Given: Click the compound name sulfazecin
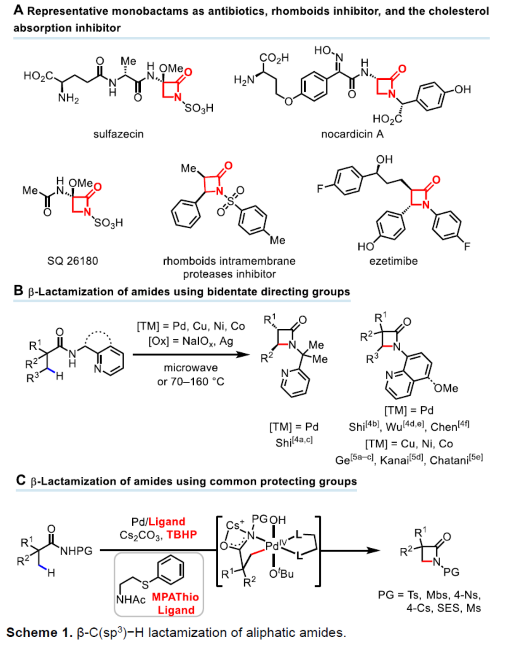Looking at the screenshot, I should point(118,134).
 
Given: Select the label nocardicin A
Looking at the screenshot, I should point(352,134).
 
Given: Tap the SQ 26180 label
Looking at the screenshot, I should point(72,261).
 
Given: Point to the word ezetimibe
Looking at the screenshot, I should point(394,261).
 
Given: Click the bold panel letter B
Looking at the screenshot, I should point(18,291).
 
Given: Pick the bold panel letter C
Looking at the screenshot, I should point(21,481).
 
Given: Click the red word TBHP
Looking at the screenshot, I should point(182,535).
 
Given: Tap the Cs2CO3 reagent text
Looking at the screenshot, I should point(140,535).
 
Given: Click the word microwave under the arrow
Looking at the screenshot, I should point(191,368).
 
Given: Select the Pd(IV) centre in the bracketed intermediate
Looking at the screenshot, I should point(274,546).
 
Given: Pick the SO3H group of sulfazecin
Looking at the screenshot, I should point(199,108).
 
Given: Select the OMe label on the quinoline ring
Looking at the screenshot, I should point(446,388).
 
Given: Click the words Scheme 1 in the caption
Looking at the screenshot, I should point(39,633).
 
